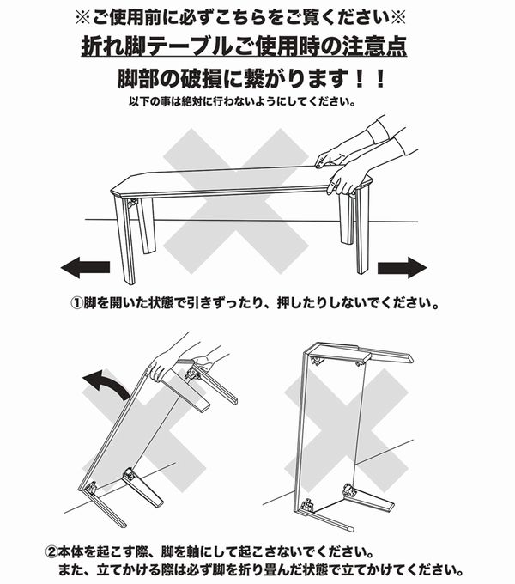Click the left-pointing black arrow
click(85, 269)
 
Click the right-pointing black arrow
click(401, 268)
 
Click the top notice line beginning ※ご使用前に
click(255, 16)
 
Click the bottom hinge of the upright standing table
click(349, 492)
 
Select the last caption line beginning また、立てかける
click(257, 569)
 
